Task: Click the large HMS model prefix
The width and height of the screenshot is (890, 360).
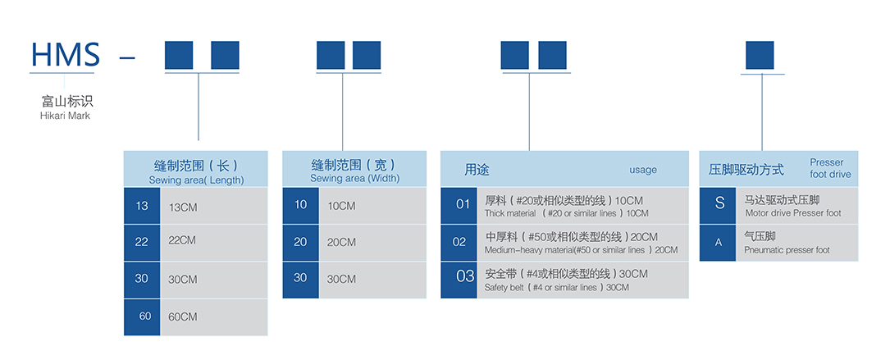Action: (x=65, y=55)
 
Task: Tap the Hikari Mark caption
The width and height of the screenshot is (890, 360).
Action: (x=65, y=116)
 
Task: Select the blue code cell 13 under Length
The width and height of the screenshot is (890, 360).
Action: (x=142, y=206)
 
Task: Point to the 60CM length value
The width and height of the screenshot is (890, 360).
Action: (x=182, y=317)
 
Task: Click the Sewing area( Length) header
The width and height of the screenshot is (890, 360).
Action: (x=196, y=180)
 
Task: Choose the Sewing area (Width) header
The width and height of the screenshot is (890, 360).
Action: (x=354, y=178)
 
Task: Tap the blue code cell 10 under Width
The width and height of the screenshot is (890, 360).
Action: (x=300, y=204)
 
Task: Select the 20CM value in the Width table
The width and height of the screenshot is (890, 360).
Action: (x=341, y=242)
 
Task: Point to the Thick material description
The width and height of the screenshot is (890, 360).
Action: (x=566, y=213)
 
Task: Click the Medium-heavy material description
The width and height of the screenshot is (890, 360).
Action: (x=581, y=250)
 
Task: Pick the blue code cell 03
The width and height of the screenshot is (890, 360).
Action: (x=465, y=276)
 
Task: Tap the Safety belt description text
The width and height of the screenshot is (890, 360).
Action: (x=557, y=287)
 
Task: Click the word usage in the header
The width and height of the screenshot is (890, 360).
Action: (x=643, y=170)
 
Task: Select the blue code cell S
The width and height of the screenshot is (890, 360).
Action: (x=719, y=203)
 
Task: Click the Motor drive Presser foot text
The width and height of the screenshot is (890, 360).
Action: (x=792, y=213)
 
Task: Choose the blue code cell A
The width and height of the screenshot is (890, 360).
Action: (x=719, y=243)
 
